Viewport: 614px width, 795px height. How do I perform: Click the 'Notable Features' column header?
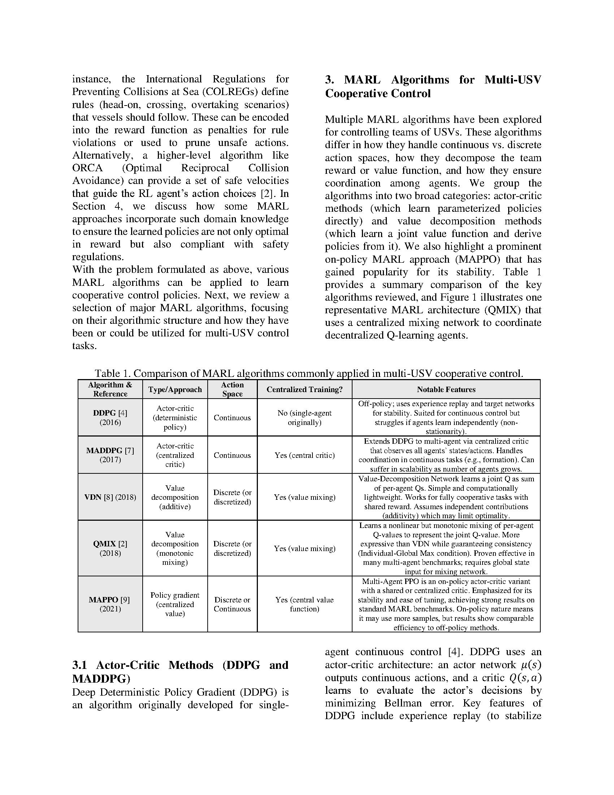coord(446,389)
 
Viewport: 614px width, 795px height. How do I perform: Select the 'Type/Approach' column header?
coord(175,389)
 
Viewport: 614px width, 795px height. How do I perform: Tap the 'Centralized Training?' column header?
coord(304,389)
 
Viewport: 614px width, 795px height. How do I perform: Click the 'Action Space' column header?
coord(232,389)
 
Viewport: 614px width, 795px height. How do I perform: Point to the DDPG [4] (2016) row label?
coord(110,417)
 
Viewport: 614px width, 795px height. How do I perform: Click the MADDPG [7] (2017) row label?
coord(110,455)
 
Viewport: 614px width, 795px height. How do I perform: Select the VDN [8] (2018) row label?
coord(110,497)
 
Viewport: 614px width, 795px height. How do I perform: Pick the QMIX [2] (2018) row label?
coord(110,548)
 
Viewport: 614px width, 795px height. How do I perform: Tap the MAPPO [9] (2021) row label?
coord(110,604)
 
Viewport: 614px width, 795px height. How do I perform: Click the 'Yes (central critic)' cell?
coord(304,455)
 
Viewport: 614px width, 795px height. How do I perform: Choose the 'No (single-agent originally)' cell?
coord(304,417)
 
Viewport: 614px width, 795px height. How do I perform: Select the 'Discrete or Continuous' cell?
coord(232,604)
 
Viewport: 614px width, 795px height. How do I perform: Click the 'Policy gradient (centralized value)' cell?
coord(175,604)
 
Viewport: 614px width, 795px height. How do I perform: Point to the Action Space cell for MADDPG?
coord(232,455)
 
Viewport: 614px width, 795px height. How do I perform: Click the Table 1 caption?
coord(309,373)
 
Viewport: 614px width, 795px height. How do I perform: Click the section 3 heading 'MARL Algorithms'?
coord(433,86)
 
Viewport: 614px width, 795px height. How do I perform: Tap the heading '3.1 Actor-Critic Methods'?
coord(180,672)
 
